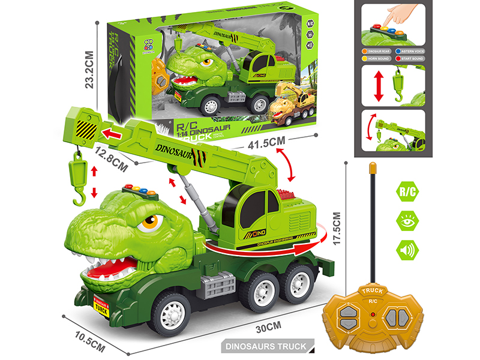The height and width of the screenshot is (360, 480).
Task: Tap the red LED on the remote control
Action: click(373, 314)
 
